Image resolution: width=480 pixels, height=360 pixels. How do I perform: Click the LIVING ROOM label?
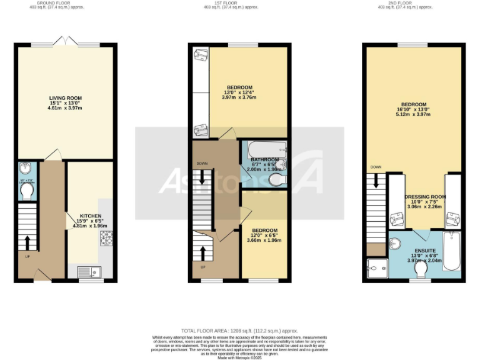pos(66,98)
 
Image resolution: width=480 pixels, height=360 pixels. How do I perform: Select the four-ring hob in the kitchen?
pos(106,237)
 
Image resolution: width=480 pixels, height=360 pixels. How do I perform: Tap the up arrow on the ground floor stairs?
pos(27,241)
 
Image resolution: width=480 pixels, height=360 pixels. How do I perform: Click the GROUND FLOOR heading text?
pos(66,2)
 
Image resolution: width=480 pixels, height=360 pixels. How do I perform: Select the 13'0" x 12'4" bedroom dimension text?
pos(239,92)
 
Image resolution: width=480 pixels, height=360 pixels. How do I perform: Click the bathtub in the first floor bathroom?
pos(264,151)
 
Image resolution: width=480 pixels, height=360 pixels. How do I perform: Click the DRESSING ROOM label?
pos(425,196)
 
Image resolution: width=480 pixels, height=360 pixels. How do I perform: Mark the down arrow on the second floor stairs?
pos(376,181)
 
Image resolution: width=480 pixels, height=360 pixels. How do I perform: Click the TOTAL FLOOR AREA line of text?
pos(239,331)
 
